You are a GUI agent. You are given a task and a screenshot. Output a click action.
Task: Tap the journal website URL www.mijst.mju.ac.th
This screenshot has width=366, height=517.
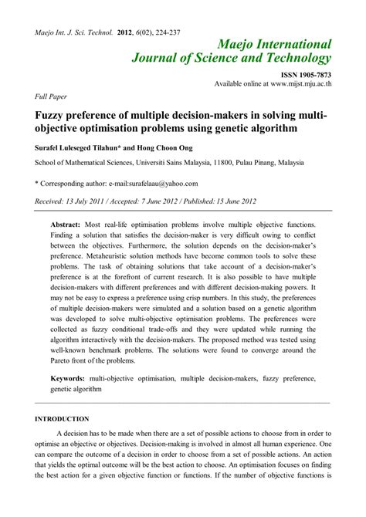[x=295, y=82]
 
